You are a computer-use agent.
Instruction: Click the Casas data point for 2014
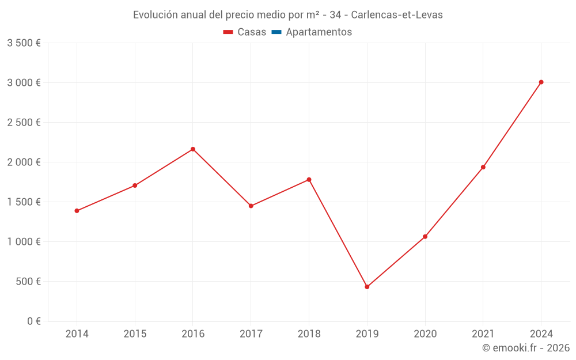pyautogui.click(x=77, y=211)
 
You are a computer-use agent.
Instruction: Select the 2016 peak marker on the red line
pyautogui.click(x=193, y=149)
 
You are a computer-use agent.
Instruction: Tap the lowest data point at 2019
pyautogui.click(x=367, y=287)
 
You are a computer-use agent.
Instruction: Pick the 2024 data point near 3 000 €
pyautogui.click(x=541, y=82)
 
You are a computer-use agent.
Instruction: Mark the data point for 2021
pyautogui.click(x=483, y=167)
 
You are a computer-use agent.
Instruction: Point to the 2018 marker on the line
pyautogui.click(x=309, y=180)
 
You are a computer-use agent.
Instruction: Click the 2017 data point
pyautogui.click(x=251, y=206)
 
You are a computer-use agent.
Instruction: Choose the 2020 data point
pyautogui.click(x=425, y=237)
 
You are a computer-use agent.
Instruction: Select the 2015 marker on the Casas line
pyautogui.click(x=135, y=185)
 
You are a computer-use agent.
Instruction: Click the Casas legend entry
pyautogui.click(x=245, y=32)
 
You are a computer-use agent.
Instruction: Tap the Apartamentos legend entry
pyautogui.click(x=312, y=32)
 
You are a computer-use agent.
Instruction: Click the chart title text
pyautogui.click(x=288, y=15)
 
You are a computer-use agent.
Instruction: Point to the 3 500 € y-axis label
pyautogui.click(x=24, y=43)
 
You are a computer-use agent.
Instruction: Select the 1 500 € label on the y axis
pyautogui.click(x=24, y=202)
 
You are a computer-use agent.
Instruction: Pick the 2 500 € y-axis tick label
pyautogui.click(x=24, y=123)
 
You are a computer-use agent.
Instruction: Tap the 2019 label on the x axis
pyautogui.click(x=367, y=334)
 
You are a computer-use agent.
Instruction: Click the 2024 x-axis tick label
pyautogui.click(x=541, y=334)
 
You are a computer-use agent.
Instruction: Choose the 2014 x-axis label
pyautogui.click(x=77, y=334)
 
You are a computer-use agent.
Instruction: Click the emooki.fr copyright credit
pyautogui.click(x=525, y=348)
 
